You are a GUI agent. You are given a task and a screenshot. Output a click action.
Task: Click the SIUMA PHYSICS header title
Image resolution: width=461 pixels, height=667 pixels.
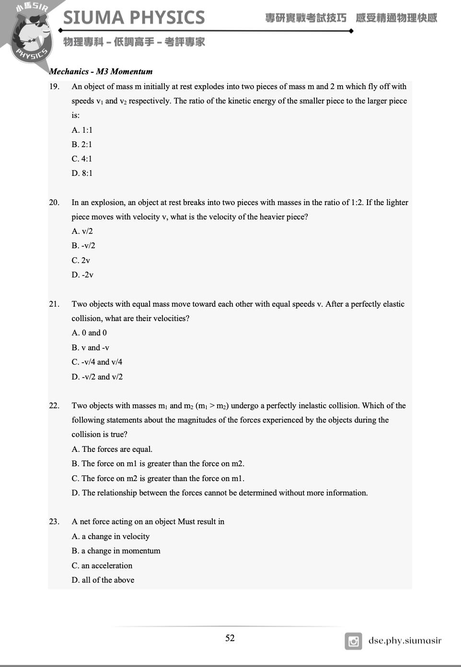tap(134, 18)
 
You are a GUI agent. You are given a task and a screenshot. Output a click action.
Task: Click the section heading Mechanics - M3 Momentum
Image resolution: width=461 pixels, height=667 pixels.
tap(101, 71)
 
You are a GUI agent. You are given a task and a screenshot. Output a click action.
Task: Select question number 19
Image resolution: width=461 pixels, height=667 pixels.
tap(54, 87)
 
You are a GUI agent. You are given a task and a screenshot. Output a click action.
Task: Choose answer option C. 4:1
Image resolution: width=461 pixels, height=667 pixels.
tap(82, 159)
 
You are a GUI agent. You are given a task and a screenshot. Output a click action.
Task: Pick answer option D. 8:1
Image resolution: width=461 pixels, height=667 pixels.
tap(82, 173)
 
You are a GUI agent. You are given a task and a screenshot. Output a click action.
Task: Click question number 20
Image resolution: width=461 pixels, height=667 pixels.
tap(54, 202)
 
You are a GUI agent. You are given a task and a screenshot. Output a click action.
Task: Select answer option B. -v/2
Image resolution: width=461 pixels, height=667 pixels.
tap(83, 245)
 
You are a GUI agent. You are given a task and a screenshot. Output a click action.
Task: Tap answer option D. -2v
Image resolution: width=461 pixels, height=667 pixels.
tap(82, 275)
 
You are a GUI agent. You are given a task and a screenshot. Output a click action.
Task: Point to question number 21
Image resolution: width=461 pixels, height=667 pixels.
tap(54, 304)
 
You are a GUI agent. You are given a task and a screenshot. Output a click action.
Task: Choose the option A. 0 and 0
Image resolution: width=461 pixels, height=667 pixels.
tap(89, 333)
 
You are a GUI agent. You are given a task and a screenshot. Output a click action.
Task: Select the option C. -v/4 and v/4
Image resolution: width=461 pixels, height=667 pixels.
tap(97, 362)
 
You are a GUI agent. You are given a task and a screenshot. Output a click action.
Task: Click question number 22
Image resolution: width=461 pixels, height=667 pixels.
tap(54, 405)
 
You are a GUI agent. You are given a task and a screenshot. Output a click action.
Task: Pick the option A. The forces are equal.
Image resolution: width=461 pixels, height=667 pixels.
tap(112, 449)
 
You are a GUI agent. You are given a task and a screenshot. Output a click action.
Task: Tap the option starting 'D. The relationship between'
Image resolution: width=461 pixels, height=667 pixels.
tap(219, 493)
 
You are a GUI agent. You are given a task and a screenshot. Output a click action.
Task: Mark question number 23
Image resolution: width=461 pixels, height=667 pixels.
tap(54, 521)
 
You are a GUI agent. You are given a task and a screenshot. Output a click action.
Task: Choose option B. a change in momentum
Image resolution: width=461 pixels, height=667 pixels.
tap(116, 551)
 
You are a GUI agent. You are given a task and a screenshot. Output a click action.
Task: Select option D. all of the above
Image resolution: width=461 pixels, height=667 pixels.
tap(103, 580)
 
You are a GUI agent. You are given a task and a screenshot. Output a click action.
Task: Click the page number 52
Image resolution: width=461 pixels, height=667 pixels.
tap(230, 638)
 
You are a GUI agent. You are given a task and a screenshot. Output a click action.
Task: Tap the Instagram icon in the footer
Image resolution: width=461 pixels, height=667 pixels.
tap(353, 641)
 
